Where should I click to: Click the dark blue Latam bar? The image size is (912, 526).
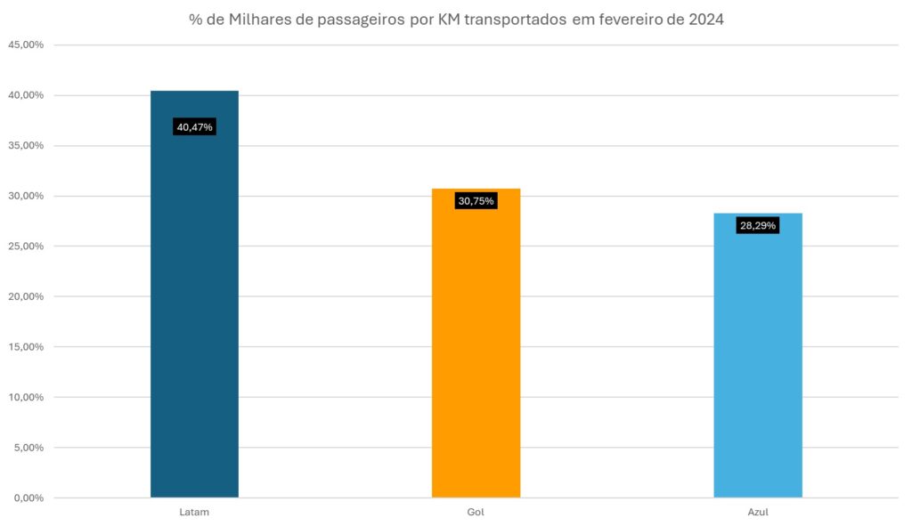click(194, 294)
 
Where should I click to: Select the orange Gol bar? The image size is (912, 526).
click(476, 343)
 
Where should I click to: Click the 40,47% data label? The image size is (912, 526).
click(194, 127)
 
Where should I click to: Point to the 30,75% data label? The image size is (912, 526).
click(476, 201)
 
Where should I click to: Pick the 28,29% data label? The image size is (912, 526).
click(758, 226)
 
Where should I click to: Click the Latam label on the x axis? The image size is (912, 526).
click(194, 514)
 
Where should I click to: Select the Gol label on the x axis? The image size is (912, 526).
click(476, 514)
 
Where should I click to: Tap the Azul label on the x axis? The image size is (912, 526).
click(758, 514)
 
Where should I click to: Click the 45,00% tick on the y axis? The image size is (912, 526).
click(25, 45)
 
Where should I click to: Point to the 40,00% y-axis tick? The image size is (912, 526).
click(25, 95)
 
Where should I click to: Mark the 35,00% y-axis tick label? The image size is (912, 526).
click(25, 146)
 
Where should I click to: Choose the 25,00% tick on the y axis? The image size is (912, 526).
click(25, 247)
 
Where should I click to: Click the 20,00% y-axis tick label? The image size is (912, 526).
click(25, 296)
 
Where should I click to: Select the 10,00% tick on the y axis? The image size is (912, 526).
click(25, 397)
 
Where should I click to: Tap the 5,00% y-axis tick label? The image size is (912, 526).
click(28, 448)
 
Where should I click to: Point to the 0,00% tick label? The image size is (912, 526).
click(28, 498)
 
